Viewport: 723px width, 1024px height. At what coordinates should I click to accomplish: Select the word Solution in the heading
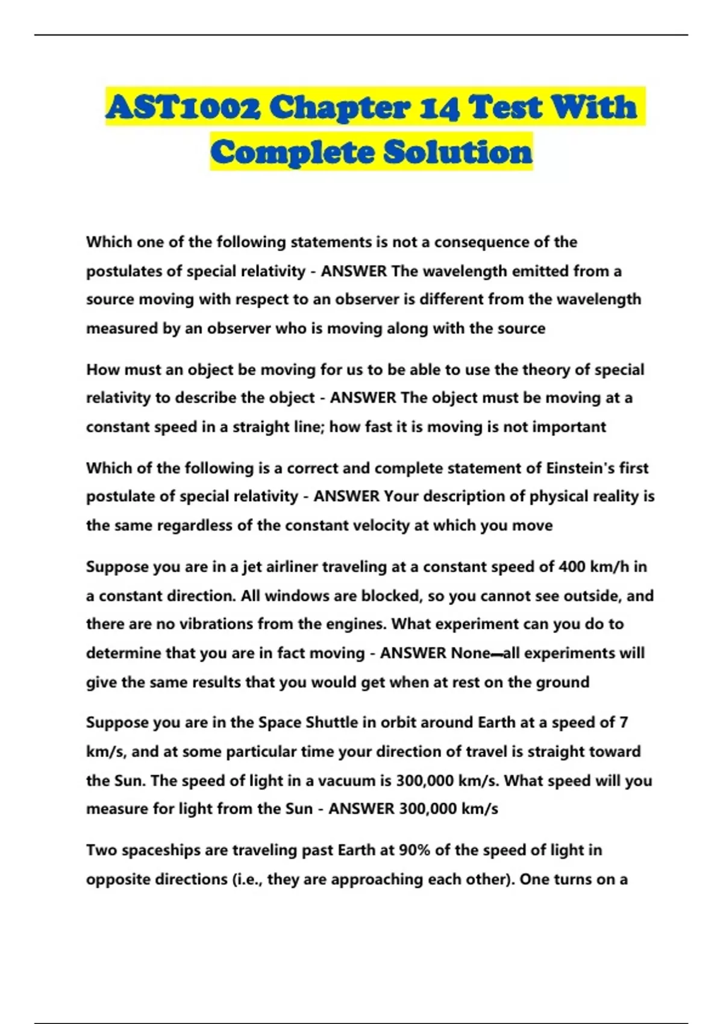pos(458,152)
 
